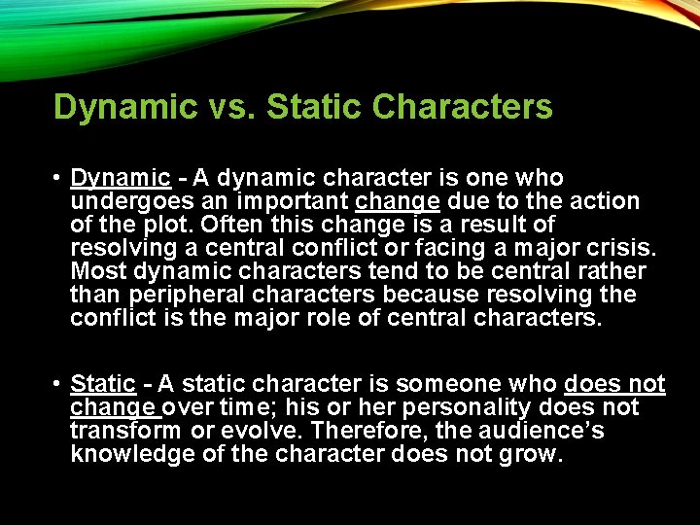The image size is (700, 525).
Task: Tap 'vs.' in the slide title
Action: coord(230,107)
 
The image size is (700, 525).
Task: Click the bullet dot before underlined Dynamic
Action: coord(58,179)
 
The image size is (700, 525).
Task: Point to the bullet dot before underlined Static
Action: coord(58,385)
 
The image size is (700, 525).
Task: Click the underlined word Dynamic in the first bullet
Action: coord(121,178)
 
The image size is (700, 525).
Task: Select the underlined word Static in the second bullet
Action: coord(103,384)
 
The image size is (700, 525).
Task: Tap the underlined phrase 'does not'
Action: coord(614,384)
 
